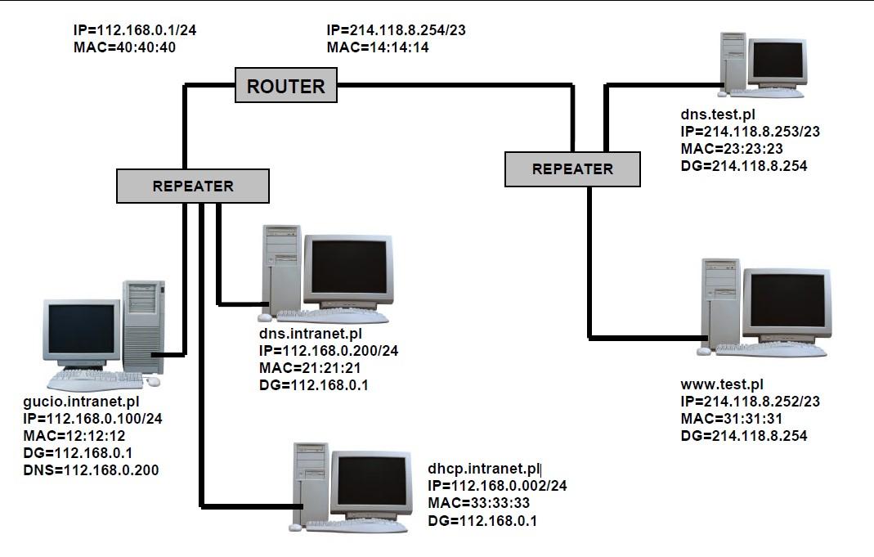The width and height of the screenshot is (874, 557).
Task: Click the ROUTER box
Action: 285,86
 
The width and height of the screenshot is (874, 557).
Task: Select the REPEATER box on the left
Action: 193,186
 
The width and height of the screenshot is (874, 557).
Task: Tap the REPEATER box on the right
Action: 572,169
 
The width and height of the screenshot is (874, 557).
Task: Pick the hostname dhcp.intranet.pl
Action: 484,469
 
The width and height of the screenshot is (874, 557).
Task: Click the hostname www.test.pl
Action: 722,384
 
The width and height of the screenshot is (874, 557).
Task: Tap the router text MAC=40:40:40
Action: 124,47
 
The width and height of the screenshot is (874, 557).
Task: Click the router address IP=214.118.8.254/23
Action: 396,30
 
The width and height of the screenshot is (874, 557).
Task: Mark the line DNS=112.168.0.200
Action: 92,470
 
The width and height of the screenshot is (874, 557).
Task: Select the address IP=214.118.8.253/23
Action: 750,132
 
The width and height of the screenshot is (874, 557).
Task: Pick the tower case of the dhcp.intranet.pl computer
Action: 312,482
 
